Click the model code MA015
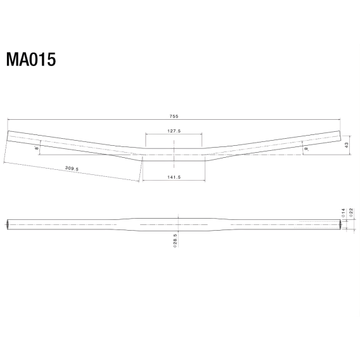point(31,60)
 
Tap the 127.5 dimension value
point(174,131)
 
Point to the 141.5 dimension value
point(174,177)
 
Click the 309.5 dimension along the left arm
point(72,169)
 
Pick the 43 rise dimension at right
point(347,145)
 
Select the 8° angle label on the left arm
point(37,148)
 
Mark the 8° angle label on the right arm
point(306,149)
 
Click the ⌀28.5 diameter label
point(174,240)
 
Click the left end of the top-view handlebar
point(9,135)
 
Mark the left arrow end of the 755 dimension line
point(9,119)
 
